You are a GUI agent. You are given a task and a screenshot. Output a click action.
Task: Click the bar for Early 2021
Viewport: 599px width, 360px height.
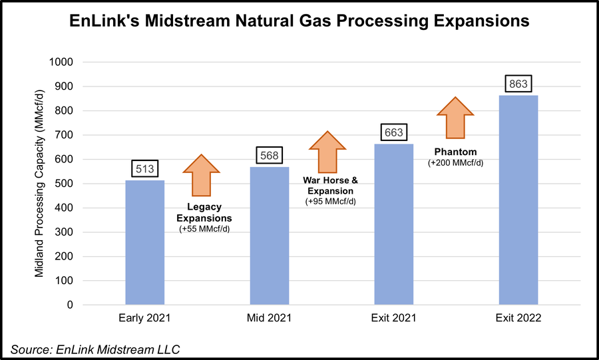click(144, 242)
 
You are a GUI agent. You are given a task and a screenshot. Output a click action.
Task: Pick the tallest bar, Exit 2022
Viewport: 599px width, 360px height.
click(518, 200)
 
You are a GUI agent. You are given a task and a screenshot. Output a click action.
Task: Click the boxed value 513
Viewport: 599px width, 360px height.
click(144, 169)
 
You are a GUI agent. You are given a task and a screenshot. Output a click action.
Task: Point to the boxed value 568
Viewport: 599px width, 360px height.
click(269, 156)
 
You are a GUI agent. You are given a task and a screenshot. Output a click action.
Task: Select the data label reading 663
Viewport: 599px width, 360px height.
click(393, 132)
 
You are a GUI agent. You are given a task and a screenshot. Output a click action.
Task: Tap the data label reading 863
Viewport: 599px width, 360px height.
click(518, 85)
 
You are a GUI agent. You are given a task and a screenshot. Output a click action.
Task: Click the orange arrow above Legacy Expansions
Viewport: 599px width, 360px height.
click(201, 175)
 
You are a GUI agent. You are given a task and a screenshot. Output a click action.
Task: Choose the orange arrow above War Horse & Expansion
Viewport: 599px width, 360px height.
click(327, 152)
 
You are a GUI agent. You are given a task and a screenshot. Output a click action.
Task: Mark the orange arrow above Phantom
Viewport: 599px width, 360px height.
click(455, 118)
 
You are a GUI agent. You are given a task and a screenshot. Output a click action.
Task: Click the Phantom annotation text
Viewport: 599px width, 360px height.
click(455, 151)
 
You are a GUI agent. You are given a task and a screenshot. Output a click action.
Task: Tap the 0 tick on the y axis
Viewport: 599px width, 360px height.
click(70, 305)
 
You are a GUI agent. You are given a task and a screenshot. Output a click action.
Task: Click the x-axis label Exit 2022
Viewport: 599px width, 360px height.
click(518, 318)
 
